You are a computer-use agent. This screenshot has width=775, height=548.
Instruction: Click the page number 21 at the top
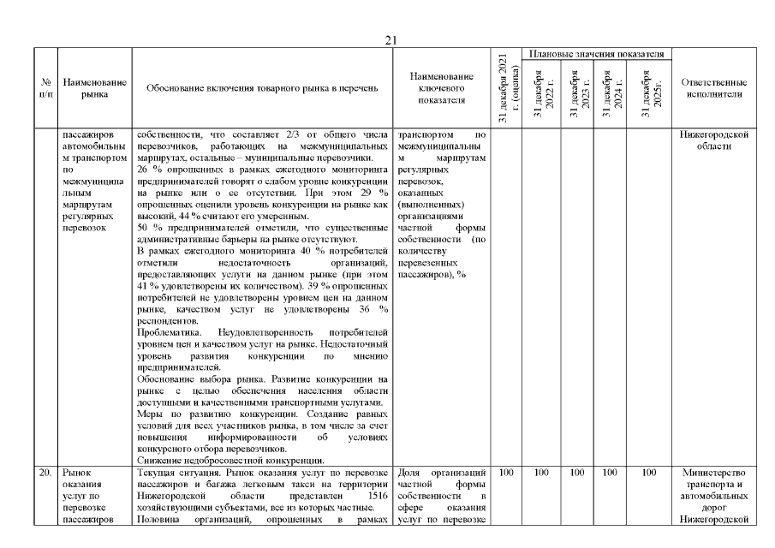click(x=391, y=40)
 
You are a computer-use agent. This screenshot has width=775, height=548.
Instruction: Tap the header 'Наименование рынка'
click(x=95, y=88)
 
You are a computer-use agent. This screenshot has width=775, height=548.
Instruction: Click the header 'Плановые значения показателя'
click(x=597, y=54)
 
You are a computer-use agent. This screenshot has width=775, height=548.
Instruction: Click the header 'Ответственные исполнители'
click(x=718, y=88)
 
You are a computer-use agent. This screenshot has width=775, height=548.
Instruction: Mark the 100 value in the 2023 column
click(x=578, y=472)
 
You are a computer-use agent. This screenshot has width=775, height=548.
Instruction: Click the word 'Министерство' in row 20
click(x=718, y=472)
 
